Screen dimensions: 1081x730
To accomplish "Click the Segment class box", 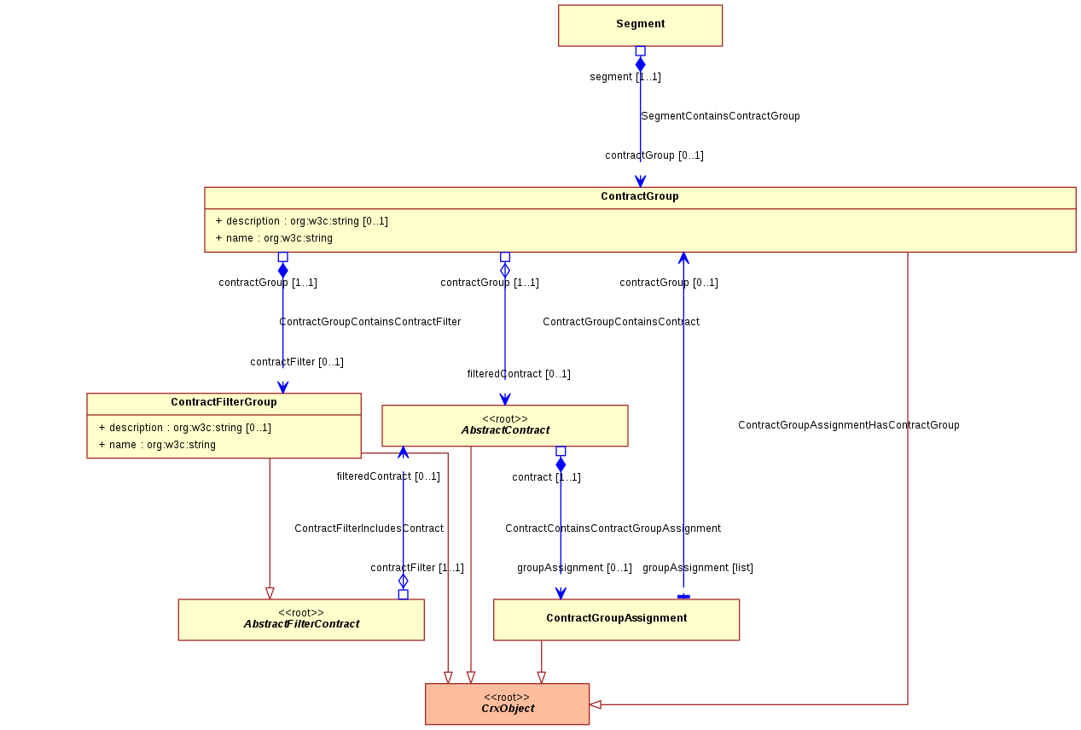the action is point(640,26).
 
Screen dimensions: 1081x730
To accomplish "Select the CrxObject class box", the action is point(507,704).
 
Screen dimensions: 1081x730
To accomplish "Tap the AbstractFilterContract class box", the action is point(301,620).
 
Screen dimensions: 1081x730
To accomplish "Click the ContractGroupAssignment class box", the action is point(616,620).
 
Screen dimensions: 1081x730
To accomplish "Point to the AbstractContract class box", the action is point(505,425).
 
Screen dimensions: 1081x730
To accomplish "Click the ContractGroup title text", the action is point(639,196).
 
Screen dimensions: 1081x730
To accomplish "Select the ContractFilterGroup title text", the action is point(224,401).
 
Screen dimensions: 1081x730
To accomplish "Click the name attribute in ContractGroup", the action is point(274,238).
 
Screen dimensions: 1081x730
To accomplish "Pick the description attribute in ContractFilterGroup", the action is point(185,427).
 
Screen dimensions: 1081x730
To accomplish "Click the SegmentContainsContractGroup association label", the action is point(720,116).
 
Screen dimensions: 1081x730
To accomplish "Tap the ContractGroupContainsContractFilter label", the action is point(370,322).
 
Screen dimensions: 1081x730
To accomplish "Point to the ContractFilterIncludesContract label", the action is point(369,529).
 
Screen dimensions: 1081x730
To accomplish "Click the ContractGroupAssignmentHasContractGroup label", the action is point(848,425).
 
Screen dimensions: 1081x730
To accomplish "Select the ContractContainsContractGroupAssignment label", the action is point(613,529).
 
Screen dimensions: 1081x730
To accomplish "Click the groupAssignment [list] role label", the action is point(697,567).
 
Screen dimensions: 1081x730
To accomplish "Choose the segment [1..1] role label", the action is point(625,76).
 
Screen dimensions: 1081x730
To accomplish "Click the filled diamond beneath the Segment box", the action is point(641,64).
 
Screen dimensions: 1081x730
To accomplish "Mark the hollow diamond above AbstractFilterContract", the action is point(403,581).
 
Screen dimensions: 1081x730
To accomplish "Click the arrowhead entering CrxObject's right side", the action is point(595,704).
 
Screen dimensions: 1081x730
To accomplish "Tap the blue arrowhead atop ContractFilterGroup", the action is point(282,388).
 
